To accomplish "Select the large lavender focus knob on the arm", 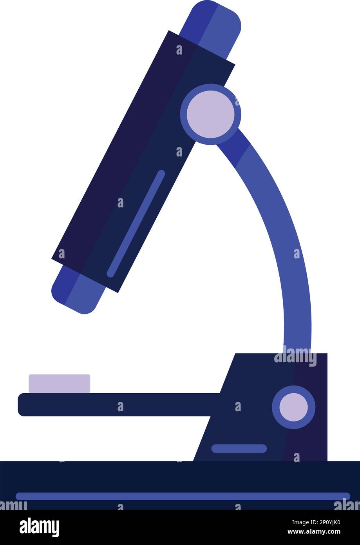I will pyautogui.click(x=211, y=114).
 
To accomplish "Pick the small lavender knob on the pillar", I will pyautogui.click(x=293, y=407).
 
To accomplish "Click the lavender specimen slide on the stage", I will pyautogui.click(x=59, y=383).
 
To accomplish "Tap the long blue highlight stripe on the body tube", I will pyautogui.click(x=136, y=223).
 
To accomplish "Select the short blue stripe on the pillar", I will pyautogui.click(x=239, y=449).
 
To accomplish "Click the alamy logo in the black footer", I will pyautogui.click(x=40, y=527).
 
